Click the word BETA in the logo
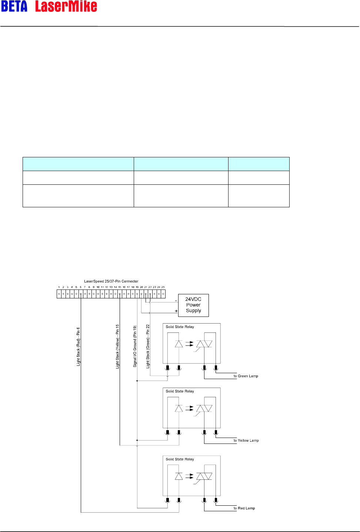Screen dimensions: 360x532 point(14,6)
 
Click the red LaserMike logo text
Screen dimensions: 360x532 point(66,6)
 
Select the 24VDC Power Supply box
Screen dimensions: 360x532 point(193,305)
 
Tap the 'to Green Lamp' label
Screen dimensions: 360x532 point(246,376)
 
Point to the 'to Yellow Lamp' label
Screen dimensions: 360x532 point(246,441)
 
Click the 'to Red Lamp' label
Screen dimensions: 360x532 point(244,508)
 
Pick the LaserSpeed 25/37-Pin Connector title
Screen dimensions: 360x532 point(111,281)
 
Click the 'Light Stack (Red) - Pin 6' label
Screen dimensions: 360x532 point(79,347)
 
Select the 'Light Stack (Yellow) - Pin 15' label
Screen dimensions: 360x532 point(118,347)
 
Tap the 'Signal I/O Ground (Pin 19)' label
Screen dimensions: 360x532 point(135,347)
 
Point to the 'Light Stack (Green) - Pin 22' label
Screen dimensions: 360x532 point(148,347)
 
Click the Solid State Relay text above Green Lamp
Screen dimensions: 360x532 point(180,327)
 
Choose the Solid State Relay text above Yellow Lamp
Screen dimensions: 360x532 point(180,391)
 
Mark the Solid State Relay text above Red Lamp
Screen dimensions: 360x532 point(180,459)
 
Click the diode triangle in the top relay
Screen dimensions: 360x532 point(179,344)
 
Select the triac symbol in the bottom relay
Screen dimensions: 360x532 point(204,476)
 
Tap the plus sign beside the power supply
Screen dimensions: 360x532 point(176,311)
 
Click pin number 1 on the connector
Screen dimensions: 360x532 point(59,287)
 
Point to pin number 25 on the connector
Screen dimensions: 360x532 point(163,287)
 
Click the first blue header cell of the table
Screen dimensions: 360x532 point(78,164)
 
